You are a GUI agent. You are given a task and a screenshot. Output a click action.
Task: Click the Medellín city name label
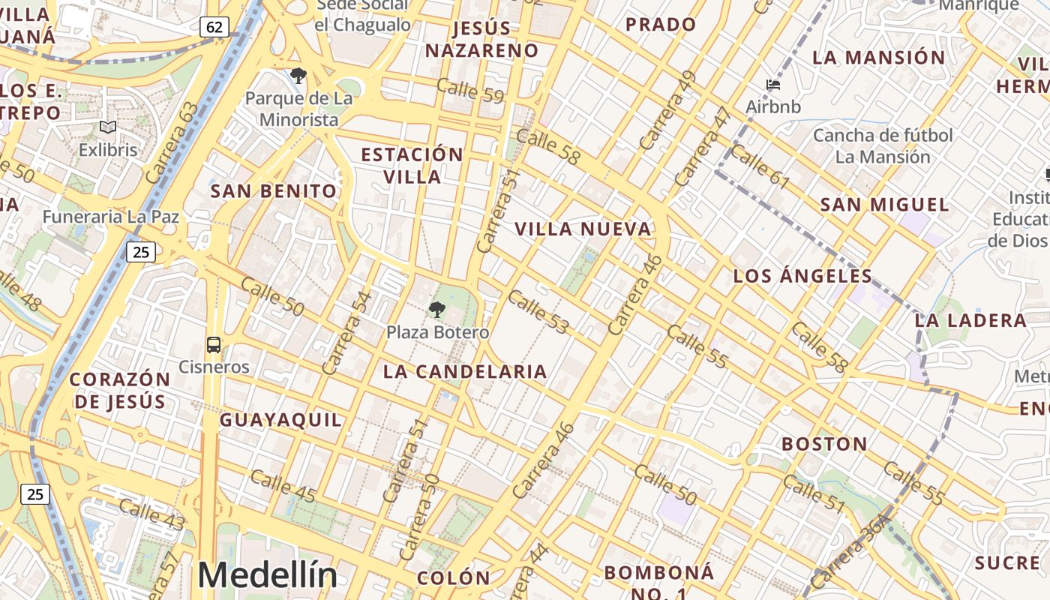click(x=267, y=575)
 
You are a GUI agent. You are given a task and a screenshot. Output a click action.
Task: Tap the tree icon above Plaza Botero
click(x=436, y=309)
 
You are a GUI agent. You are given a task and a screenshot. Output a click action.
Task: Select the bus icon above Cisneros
click(x=214, y=345)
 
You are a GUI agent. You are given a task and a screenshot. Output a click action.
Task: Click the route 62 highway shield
click(x=214, y=27)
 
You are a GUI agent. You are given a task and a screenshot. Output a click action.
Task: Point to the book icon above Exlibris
click(x=108, y=127)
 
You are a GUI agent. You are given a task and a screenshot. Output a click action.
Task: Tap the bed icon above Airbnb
click(x=773, y=85)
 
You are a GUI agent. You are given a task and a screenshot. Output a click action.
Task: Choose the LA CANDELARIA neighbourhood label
click(x=465, y=371)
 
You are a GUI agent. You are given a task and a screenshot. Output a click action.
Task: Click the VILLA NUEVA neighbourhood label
click(x=583, y=229)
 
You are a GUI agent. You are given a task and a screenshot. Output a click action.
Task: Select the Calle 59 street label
click(x=470, y=91)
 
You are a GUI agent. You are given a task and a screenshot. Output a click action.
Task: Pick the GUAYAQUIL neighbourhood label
click(x=280, y=420)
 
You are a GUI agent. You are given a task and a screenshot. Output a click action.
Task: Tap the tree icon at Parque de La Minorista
click(x=298, y=75)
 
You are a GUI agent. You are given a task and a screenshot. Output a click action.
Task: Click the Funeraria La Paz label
click(x=111, y=217)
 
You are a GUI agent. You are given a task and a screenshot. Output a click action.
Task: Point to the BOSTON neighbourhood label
click(x=824, y=444)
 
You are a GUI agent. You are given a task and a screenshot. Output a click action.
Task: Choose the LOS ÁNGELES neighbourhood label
click(x=802, y=276)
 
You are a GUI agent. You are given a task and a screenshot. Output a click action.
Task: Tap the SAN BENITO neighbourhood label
click(x=274, y=191)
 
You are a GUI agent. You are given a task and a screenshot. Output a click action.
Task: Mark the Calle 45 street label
click(x=283, y=485)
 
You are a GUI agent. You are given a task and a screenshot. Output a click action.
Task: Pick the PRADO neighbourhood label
click(x=661, y=25)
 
